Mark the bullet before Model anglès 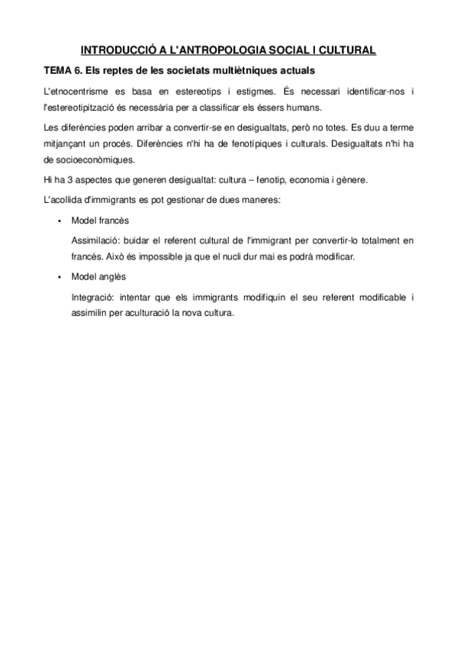59,277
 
